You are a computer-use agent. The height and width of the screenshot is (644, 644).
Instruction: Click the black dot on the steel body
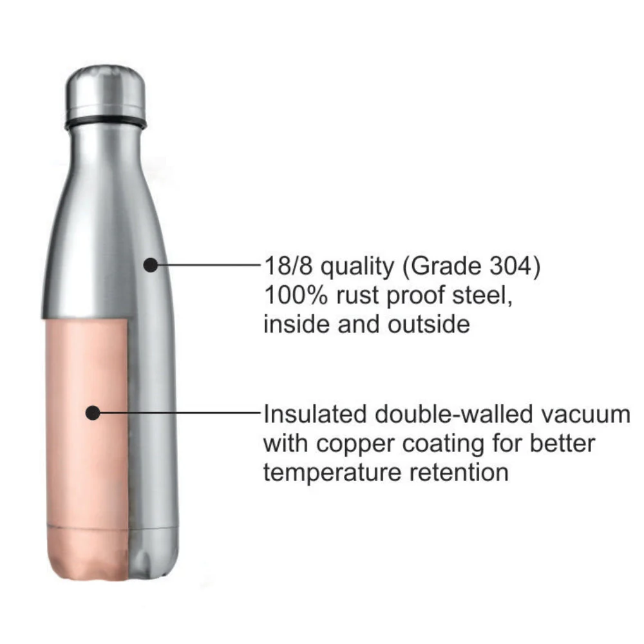150,264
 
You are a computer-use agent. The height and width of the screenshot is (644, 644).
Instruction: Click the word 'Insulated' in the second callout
316,414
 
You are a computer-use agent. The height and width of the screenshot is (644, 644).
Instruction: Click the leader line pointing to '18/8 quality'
206,265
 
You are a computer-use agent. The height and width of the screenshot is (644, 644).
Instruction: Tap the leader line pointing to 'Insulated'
180,413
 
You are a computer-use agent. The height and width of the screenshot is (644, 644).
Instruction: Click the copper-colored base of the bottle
87,551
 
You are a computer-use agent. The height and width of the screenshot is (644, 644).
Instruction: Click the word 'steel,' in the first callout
480,296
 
